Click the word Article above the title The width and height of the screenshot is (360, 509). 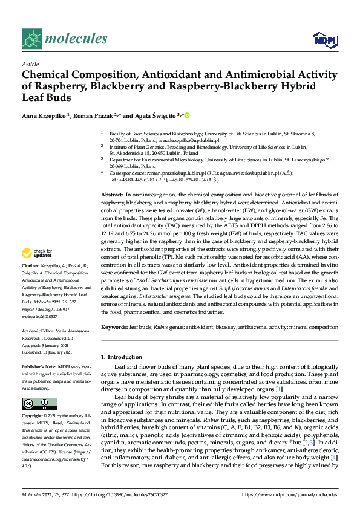tap(30, 64)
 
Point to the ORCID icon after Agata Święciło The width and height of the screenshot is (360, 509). tap(186, 115)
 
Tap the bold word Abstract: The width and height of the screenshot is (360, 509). tap(111, 193)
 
